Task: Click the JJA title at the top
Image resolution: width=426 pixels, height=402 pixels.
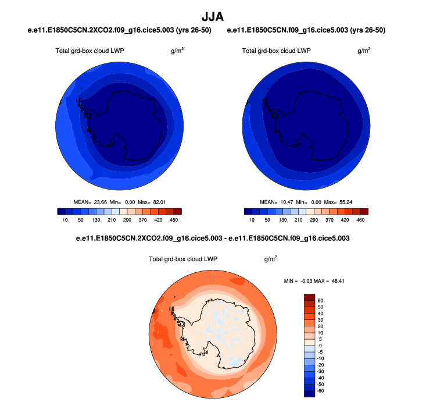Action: point(213,17)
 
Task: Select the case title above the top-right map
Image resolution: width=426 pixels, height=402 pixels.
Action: point(306,30)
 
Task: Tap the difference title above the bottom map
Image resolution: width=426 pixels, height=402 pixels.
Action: point(213,239)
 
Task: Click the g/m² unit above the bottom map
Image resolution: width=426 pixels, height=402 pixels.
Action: point(270,259)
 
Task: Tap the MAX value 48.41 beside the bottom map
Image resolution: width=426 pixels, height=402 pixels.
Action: point(337,282)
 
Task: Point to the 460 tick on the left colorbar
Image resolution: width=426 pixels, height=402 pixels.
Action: point(174,220)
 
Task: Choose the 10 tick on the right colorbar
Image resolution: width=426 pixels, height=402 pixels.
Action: point(252,220)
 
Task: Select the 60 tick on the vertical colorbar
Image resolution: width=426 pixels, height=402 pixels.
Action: point(320,301)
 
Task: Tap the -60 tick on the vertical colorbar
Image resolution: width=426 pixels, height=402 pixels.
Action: point(320,390)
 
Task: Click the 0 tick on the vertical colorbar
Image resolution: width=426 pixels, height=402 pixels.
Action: point(320,346)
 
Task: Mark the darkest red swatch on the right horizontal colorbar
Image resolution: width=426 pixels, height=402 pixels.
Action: point(364,212)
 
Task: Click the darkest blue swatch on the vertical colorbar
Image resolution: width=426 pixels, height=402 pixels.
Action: point(309,394)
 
